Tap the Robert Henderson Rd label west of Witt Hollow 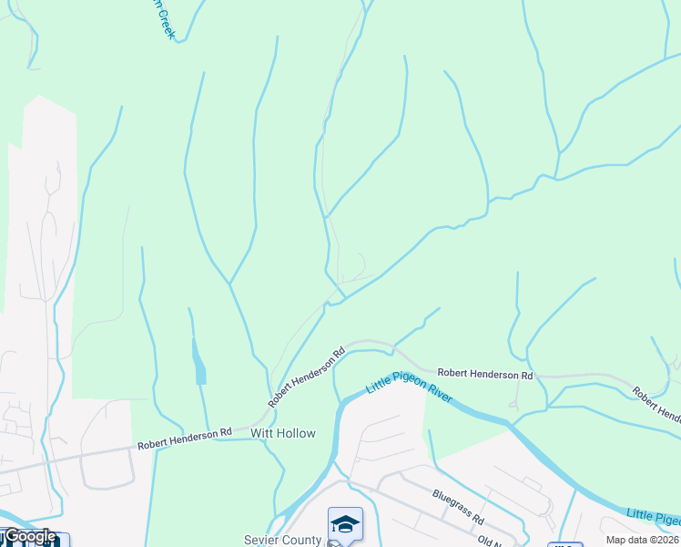[x=185, y=439]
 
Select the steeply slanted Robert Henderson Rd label [x=307, y=377]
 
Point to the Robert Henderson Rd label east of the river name [x=484, y=375]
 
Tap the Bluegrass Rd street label [x=457, y=506]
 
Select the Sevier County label [x=282, y=540]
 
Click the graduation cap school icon [x=345, y=523]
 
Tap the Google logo [x=29, y=536]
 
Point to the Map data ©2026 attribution [x=642, y=540]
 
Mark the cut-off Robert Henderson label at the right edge [x=656, y=407]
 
